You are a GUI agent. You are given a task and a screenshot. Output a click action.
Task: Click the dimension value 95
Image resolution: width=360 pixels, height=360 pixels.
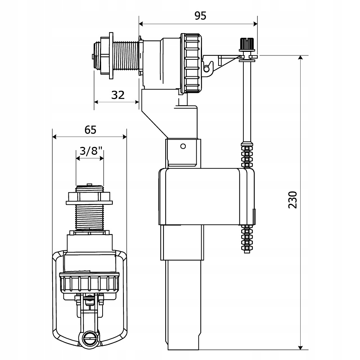(x=200, y=16)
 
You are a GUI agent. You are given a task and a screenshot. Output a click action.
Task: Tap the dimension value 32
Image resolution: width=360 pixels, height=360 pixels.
(x=118, y=95)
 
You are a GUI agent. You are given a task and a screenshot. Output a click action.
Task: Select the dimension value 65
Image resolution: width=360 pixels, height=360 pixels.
(x=90, y=130)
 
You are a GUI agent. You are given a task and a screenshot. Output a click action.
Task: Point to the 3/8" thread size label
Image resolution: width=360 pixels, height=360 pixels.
(x=91, y=151)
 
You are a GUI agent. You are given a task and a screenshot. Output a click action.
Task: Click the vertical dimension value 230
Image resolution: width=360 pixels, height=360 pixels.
(x=292, y=200)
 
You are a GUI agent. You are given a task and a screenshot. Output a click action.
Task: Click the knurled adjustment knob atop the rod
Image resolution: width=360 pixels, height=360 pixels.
(x=247, y=44)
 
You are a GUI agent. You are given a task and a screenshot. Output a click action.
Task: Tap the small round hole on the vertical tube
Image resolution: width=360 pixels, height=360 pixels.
(x=183, y=146)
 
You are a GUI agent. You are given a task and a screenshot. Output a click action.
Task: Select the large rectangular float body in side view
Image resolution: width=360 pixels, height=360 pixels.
(x=207, y=197)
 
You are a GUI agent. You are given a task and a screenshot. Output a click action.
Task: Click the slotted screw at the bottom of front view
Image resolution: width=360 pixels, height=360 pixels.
(x=89, y=337)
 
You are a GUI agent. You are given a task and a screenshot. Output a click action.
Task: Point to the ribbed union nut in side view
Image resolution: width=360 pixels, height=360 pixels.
(x=191, y=63)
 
